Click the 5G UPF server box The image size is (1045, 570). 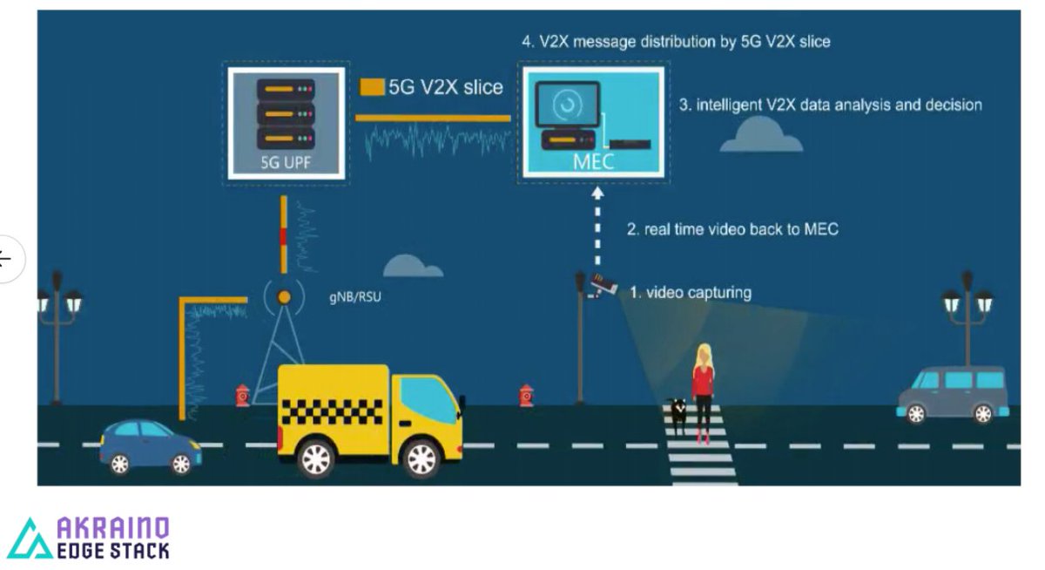[286, 122]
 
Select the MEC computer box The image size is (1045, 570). [594, 122]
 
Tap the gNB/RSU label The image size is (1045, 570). [354, 297]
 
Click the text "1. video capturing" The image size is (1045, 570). [690, 293]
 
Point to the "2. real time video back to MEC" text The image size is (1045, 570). [731, 229]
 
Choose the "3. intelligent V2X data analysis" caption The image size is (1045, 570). [830, 105]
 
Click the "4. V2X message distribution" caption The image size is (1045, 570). [675, 41]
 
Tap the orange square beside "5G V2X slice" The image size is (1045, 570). [372, 87]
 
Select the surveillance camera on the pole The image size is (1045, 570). [603, 284]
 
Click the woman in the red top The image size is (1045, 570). [702, 392]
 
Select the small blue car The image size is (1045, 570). [150, 446]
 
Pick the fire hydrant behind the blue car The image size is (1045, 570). [243, 395]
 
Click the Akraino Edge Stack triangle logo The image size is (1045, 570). [30, 539]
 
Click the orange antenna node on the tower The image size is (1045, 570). [283, 297]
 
